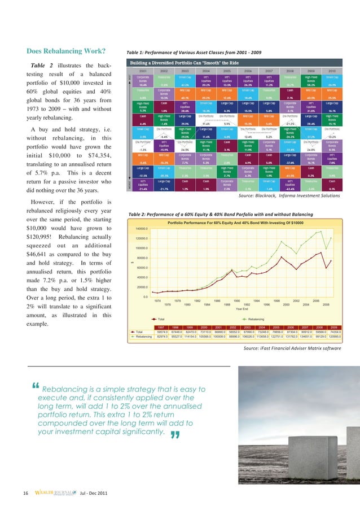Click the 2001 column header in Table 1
coord(144,71)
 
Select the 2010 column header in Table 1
coord(332,71)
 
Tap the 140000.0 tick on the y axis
coord(142,228)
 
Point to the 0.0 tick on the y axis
coord(146,297)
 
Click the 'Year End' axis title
coord(243,308)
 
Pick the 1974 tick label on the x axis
coord(159,300)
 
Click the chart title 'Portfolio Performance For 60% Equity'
coord(243,222)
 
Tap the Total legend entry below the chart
coord(160,319)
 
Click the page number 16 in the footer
coord(26,493)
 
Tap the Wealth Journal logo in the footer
coord(55,493)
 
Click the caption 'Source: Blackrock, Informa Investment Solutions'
coord(289,195)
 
